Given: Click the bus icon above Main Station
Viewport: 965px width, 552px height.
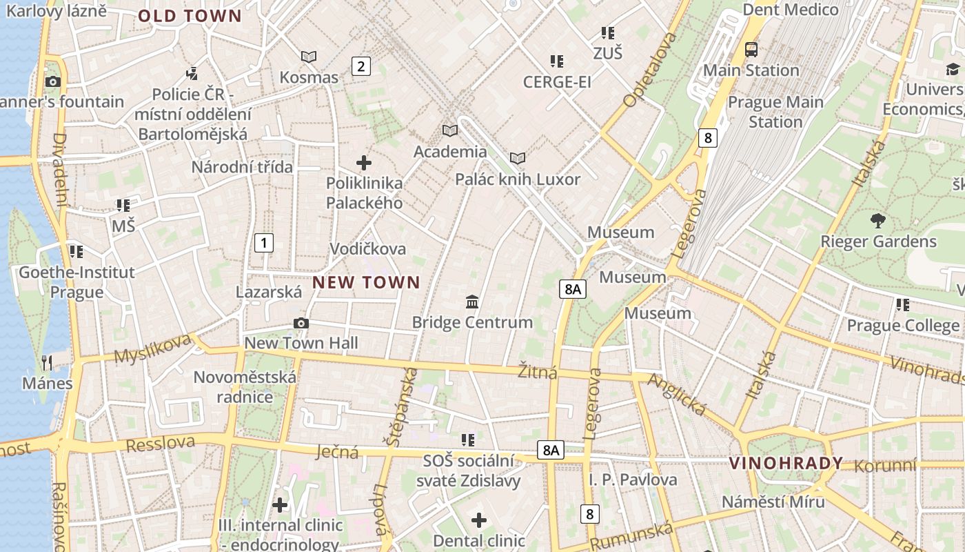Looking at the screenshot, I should coord(751,50).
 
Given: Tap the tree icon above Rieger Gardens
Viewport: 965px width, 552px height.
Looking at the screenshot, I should coord(877,221).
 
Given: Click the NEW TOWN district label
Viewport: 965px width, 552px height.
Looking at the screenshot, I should coord(366,282).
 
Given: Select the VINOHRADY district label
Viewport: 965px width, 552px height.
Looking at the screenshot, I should coord(786,463).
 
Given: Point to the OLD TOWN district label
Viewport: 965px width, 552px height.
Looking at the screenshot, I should coord(190,17).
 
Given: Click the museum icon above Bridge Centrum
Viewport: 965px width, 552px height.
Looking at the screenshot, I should coord(472,302).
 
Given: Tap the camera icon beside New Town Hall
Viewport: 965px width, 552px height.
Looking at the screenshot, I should coord(301,323).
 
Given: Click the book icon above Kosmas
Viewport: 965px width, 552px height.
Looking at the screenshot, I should coord(309,57).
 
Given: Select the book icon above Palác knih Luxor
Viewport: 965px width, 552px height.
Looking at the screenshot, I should coord(518,159).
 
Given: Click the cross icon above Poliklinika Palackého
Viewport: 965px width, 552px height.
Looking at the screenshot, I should coord(364,163).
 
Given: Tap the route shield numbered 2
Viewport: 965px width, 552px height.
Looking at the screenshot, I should coord(360,66).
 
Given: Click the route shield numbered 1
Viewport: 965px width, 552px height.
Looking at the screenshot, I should coord(263,243).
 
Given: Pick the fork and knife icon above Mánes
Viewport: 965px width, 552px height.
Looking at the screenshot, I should coord(47,362).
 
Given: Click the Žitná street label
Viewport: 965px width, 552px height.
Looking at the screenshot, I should coord(537,373).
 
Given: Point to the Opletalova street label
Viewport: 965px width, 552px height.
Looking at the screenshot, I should coord(650,69).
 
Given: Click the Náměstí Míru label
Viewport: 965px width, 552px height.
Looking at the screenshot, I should coord(773,502).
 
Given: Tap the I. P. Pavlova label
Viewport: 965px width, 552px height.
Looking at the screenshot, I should coord(633,480).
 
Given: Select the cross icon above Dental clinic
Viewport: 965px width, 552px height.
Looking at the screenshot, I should coord(478,520).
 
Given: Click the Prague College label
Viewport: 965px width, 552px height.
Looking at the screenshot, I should coord(902,325).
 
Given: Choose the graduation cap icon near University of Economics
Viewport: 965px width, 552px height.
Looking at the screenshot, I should coord(953,69).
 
